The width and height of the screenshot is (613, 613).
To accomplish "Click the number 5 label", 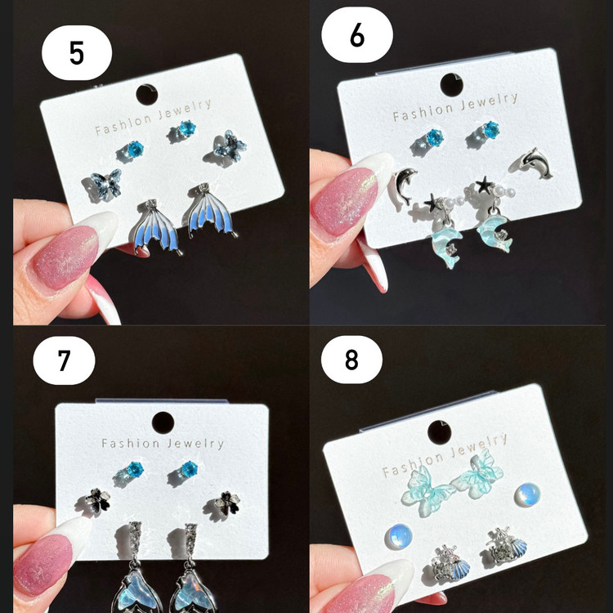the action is (77, 53).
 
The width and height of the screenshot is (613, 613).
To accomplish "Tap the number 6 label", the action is (357, 35).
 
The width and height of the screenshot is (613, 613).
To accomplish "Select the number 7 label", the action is (64, 360).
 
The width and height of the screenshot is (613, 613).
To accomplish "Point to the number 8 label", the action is (351, 360).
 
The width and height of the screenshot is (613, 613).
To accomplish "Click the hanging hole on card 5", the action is (147, 95).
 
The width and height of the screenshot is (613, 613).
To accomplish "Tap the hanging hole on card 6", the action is (451, 85).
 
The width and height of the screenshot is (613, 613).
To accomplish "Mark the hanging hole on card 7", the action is (163, 423).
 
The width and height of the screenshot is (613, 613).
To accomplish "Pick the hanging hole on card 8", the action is (440, 432).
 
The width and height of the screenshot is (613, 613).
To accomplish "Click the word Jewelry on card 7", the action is (195, 444).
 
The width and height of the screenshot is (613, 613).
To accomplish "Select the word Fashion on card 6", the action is (423, 111).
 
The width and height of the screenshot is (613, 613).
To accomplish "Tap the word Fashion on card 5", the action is (123, 124).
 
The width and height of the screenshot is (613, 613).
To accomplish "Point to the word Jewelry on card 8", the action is (478, 446).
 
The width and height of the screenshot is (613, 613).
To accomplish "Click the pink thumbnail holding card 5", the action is (65, 257).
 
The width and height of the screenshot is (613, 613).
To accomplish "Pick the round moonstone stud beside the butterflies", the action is (527, 495).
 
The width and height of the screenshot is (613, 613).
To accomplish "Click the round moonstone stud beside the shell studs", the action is (398, 536).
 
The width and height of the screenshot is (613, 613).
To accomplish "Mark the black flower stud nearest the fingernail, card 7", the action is (98, 501).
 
